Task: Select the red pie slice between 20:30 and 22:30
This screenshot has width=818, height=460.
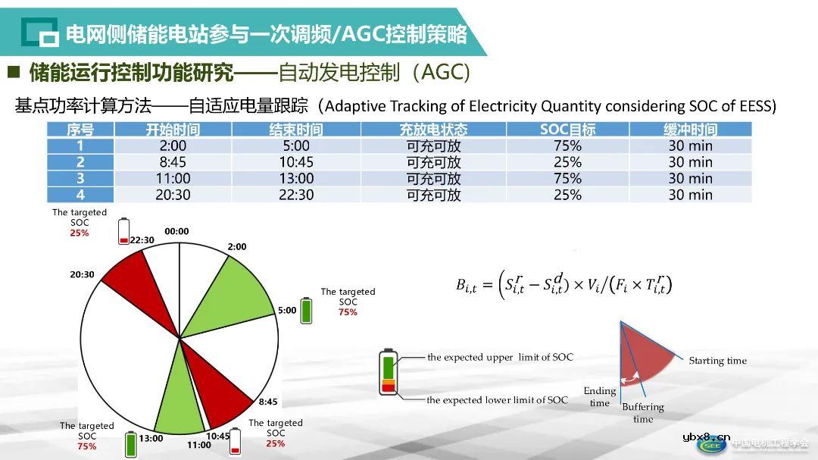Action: (x=129, y=277)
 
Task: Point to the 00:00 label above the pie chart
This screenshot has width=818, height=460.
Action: (x=176, y=231)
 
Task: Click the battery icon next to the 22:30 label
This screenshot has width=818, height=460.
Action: (x=124, y=231)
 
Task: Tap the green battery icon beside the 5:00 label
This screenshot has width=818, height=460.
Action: (x=307, y=311)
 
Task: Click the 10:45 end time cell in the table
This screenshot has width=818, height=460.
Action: (x=296, y=162)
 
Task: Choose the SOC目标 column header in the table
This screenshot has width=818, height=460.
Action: (x=567, y=130)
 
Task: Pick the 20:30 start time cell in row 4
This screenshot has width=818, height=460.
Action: (x=173, y=195)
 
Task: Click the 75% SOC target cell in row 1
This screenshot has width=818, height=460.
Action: (x=567, y=146)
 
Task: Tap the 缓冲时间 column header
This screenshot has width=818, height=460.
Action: (x=690, y=130)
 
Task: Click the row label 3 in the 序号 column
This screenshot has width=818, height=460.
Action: (x=80, y=179)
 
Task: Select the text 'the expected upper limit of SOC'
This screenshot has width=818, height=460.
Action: (x=500, y=357)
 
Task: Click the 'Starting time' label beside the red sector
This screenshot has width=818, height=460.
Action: (x=717, y=361)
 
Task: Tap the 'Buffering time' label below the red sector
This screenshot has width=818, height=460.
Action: (x=642, y=413)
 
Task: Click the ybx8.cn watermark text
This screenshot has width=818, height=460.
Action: (x=706, y=437)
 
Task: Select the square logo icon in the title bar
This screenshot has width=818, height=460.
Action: (x=39, y=33)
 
